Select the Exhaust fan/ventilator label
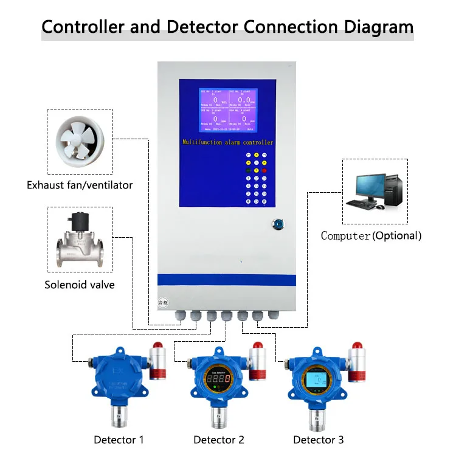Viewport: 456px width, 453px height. point(80,185)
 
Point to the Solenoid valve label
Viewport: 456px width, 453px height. point(79,285)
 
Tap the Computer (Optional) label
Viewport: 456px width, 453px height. point(371,235)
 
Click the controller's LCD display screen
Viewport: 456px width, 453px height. point(227,110)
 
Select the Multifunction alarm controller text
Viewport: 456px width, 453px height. point(228,142)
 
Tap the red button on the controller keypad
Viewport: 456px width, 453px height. point(264,171)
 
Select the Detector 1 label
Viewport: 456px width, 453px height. point(119,440)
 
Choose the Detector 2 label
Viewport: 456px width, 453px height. point(219,440)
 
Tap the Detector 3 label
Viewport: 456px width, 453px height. point(318,440)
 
